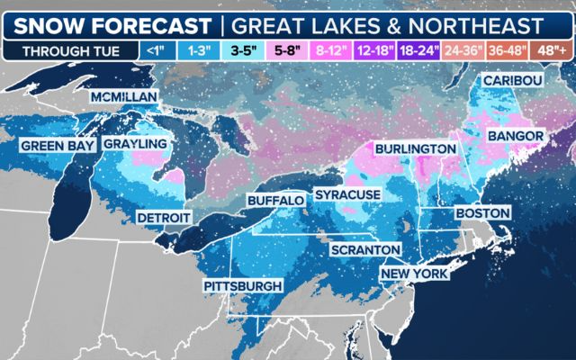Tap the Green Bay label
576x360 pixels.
pos(54,145)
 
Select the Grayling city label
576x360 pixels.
pos(135,144)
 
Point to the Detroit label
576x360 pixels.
pos(163,218)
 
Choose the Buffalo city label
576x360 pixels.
pos(275,199)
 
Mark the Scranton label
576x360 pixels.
pos(364,248)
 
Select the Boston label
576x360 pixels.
pos(483,212)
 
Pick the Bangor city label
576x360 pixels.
pos(515,136)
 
